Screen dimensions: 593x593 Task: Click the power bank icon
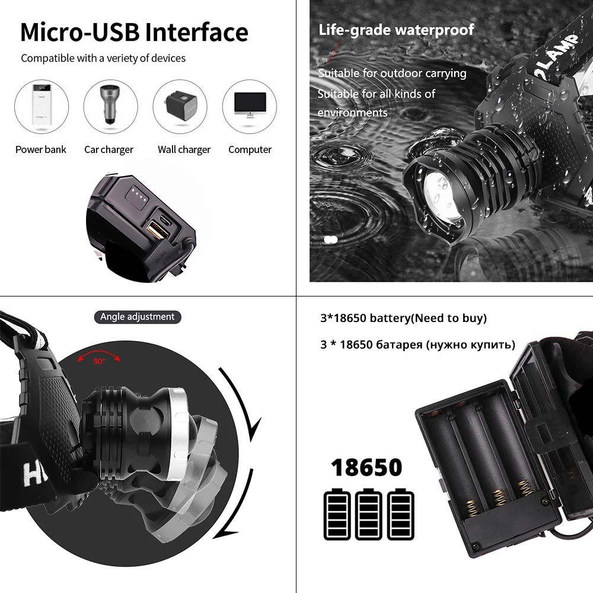pyautogui.click(x=41, y=107)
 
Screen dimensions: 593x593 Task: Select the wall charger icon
pyautogui.click(x=180, y=107)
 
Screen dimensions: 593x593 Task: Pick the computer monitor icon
pyautogui.click(x=250, y=107)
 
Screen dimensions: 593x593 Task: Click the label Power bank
pyautogui.click(x=41, y=149)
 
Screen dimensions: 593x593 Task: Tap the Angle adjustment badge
pyautogui.click(x=137, y=317)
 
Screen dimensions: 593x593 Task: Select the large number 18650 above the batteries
pyautogui.click(x=366, y=467)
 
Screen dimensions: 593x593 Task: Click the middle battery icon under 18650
pyautogui.click(x=369, y=514)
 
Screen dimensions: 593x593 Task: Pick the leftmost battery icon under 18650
pyautogui.click(x=337, y=514)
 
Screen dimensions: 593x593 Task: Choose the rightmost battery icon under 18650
pyautogui.click(x=400, y=514)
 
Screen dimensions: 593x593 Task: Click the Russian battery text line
pyautogui.click(x=417, y=345)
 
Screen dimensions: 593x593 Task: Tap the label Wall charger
pyautogui.click(x=184, y=149)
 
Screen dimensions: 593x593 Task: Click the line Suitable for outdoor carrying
pyautogui.click(x=392, y=74)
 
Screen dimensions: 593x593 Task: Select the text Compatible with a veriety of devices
pyautogui.click(x=103, y=58)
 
